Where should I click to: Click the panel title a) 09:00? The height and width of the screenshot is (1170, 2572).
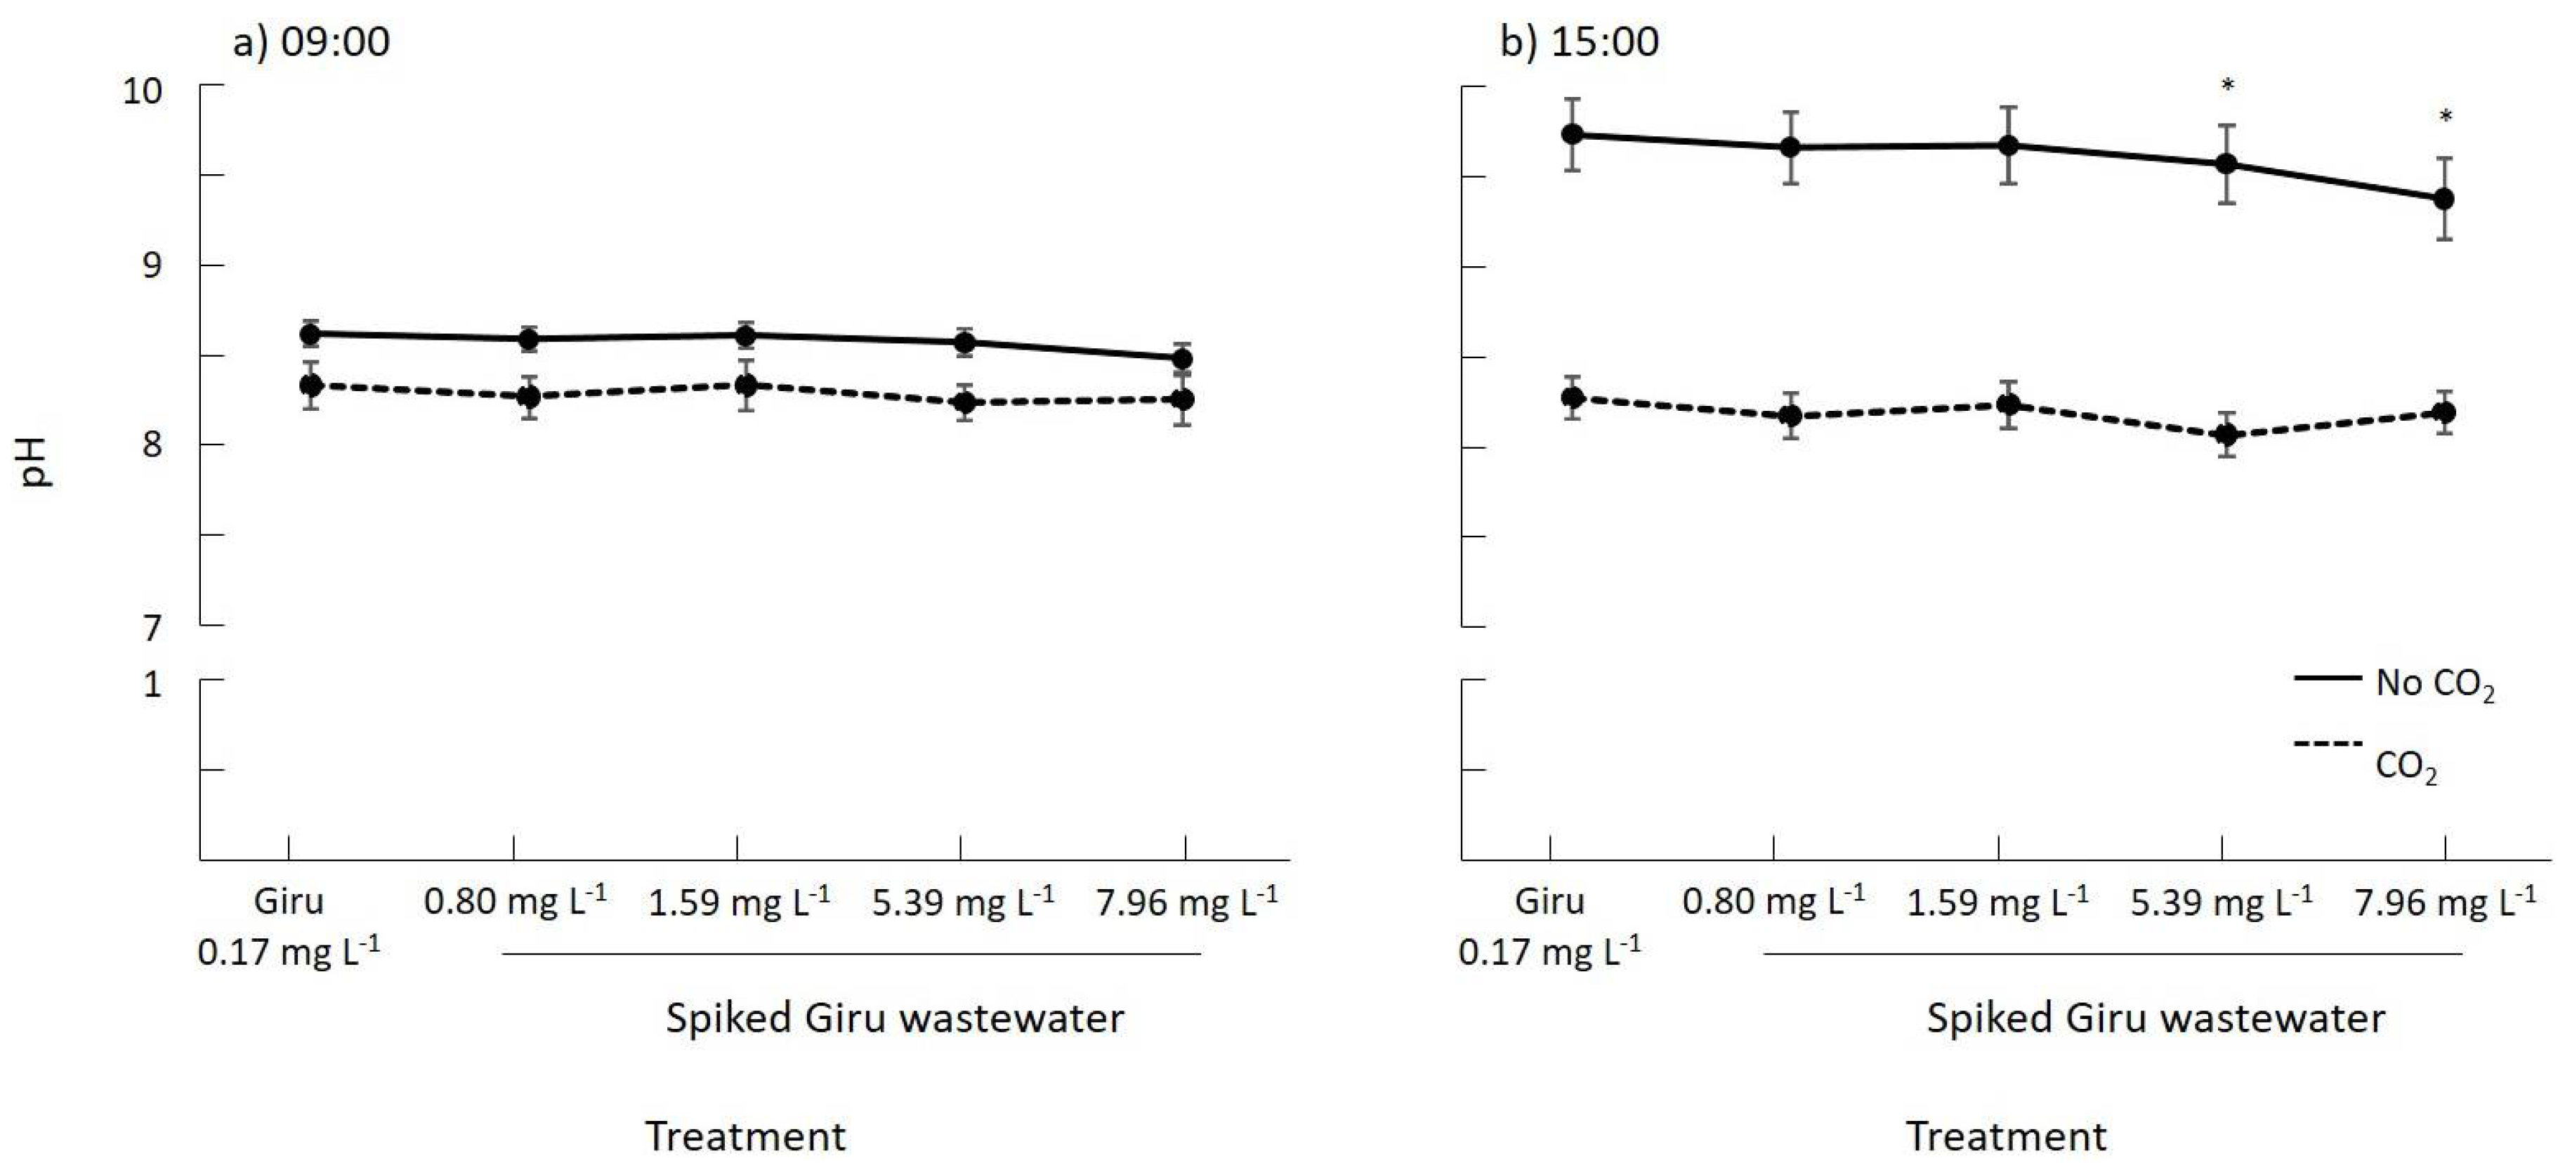310,42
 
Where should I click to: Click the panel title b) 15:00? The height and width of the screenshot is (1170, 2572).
1579,42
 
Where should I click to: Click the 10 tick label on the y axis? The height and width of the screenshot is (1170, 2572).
142,91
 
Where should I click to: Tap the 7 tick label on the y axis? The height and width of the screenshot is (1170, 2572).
151,628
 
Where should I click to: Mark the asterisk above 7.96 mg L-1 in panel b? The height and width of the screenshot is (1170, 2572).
2445,117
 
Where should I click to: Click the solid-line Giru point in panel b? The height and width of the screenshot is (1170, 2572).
1573,133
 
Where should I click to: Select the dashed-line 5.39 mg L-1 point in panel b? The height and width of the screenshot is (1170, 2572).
2226,434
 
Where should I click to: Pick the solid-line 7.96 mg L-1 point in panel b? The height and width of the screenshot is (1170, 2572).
2444,199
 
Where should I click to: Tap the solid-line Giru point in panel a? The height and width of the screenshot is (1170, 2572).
310,334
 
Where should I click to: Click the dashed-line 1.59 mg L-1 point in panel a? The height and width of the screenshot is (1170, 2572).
746,384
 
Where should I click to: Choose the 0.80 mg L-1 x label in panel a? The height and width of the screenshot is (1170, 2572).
514,900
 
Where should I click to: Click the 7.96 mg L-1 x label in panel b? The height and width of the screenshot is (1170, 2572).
2444,900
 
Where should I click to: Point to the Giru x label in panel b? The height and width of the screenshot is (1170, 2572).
1549,900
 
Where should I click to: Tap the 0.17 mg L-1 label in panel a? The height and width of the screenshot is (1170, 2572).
287,950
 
